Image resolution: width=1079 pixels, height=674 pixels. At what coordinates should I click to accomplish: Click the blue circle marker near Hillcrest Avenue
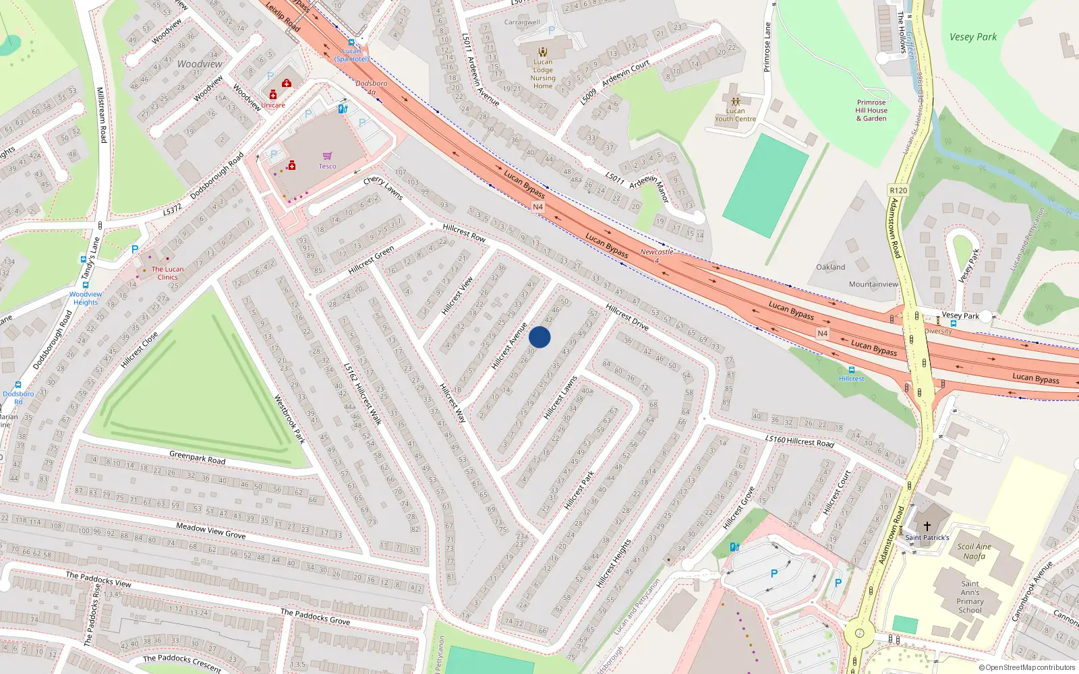point(539,337)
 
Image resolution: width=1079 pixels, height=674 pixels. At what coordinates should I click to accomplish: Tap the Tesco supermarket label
point(327,166)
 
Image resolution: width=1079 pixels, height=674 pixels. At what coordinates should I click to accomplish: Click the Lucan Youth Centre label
point(735,115)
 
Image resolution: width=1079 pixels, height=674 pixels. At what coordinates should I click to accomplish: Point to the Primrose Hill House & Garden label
point(871,111)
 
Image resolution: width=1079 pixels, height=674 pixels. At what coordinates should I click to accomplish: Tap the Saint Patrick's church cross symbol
point(927,526)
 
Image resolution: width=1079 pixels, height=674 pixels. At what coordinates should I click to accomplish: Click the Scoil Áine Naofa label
point(974,551)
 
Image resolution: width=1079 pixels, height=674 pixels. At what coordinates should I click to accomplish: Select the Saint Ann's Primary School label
point(970,597)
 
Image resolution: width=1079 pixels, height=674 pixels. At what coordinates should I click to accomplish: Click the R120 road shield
point(898,190)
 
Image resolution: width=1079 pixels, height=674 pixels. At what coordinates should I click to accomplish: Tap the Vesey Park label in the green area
point(972,37)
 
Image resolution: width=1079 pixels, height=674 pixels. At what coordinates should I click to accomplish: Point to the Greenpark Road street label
point(198,458)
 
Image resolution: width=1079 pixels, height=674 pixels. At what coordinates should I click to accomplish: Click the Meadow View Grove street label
point(211,530)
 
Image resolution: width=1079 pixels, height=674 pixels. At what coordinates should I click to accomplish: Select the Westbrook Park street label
point(289,419)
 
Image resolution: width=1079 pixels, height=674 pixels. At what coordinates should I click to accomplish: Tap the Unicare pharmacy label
point(273,105)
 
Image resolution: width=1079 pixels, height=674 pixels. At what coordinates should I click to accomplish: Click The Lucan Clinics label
point(167,273)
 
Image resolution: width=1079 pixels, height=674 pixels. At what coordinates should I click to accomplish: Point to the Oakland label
point(830,267)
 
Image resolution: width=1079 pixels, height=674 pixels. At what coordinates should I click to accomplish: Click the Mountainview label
point(873,284)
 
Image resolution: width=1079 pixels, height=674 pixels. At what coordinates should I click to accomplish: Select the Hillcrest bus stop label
point(852,379)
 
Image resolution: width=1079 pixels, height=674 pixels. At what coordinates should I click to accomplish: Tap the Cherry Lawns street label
point(383,188)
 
